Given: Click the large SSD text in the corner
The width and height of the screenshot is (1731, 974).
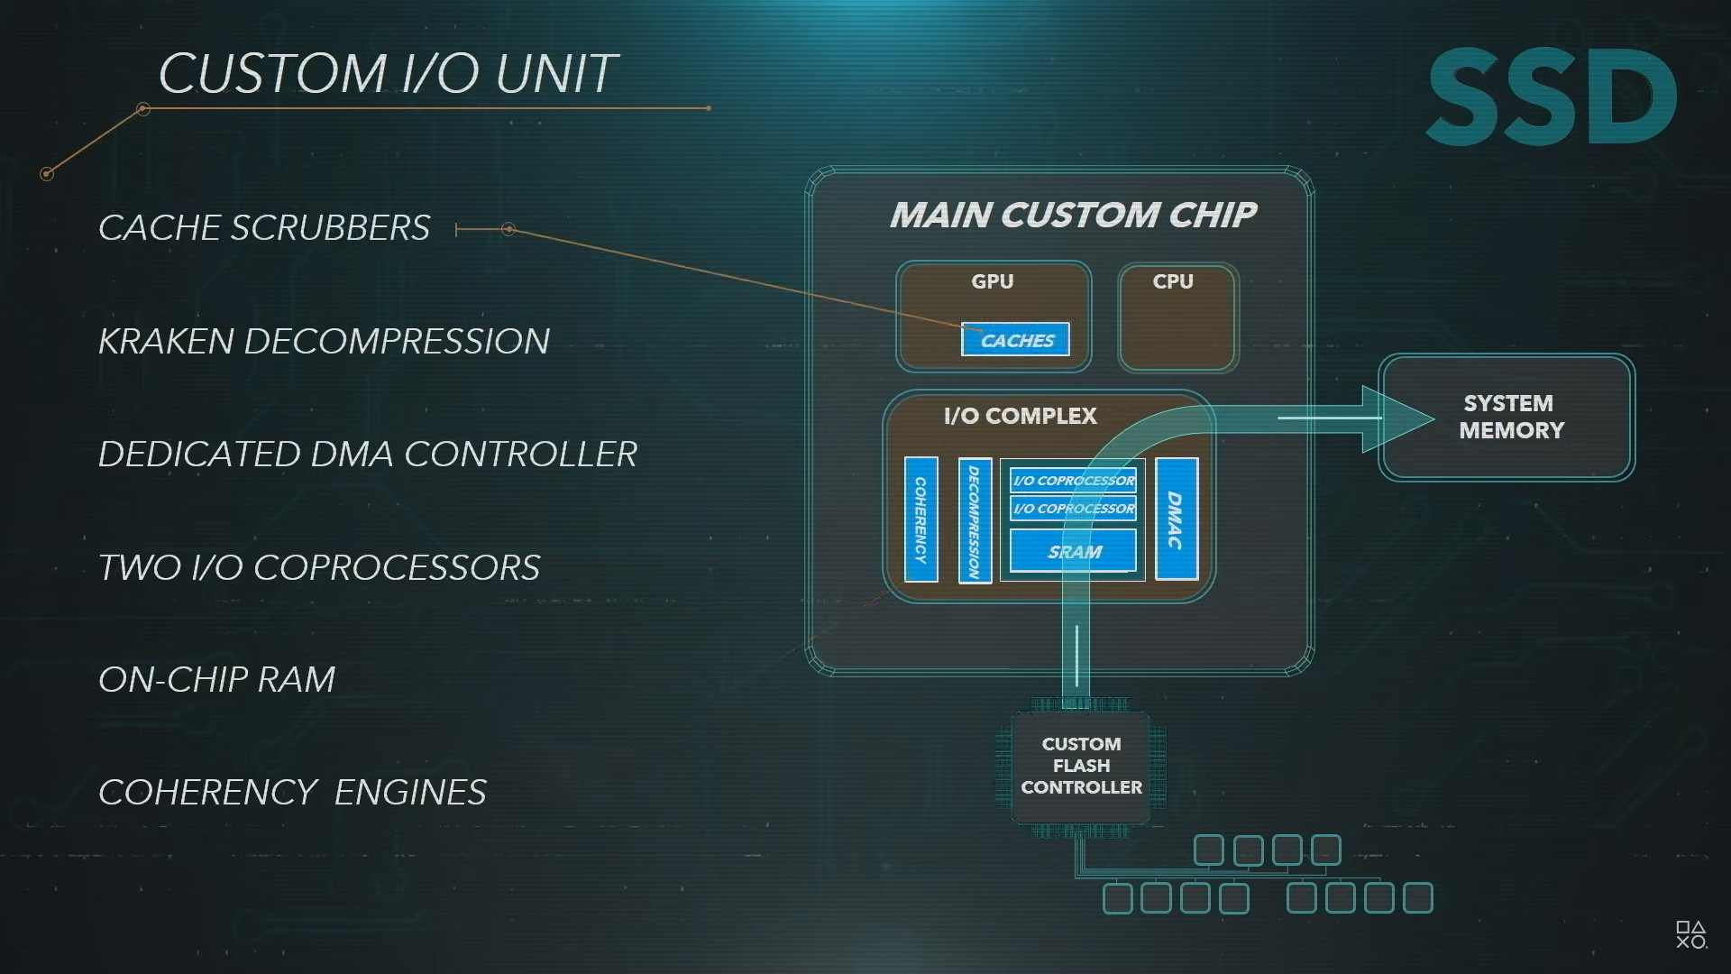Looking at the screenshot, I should click(x=1551, y=97).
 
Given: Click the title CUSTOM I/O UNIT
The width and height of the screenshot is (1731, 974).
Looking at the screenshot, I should click(x=388, y=73).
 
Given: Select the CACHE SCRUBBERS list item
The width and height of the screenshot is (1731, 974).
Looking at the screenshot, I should click(x=264, y=228).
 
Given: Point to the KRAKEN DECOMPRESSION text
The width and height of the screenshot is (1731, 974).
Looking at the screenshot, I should click(x=324, y=342).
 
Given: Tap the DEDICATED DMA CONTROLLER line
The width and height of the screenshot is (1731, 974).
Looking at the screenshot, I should click(x=368, y=455).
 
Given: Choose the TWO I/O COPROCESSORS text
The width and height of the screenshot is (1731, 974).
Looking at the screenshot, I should click(x=319, y=568).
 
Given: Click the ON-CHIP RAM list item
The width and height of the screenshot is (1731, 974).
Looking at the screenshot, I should click(x=216, y=680).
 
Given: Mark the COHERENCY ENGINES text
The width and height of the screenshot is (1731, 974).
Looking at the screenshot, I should click(x=292, y=793).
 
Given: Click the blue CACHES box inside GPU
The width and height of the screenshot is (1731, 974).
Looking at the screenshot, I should click(x=1015, y=340).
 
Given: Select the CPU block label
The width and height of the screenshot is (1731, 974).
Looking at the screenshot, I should click(x=1173, y=281).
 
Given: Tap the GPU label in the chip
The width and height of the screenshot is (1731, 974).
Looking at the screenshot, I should click(x=992, y=281).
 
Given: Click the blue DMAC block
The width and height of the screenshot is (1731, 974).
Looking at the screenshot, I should click(x=1176, y=519).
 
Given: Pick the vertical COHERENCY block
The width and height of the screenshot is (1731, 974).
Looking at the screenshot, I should click(x=920, y=519).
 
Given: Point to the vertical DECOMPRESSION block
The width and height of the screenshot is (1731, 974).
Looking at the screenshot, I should click(x=975, y=520).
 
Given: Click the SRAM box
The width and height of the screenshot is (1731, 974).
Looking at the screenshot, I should click(x=1073, y=552).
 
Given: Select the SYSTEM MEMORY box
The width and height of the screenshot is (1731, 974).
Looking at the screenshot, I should click(x=1507, y=417).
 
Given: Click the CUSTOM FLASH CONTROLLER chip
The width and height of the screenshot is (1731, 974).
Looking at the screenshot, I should click(x=1081, y=766).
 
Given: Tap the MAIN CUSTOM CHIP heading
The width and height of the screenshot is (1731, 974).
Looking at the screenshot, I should click(x=1072, y=215).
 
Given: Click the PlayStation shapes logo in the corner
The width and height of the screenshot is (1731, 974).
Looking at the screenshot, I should click(x=1690, y=934).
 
